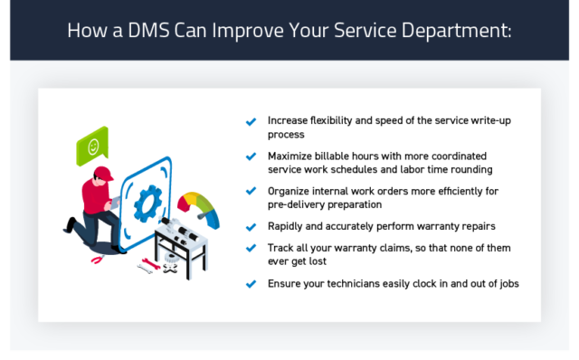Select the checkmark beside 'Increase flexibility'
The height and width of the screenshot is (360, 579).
(x=251, y=121)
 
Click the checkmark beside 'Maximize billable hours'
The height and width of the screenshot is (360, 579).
(x=251, y=156)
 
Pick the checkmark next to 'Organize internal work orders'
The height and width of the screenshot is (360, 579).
(x=251, y=191)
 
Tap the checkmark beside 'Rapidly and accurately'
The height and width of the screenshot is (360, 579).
(x=251, y=225)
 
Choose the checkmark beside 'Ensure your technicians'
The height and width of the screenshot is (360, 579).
(x=251, y=284)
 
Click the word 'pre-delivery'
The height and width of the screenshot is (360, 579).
(x=298, y=204)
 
